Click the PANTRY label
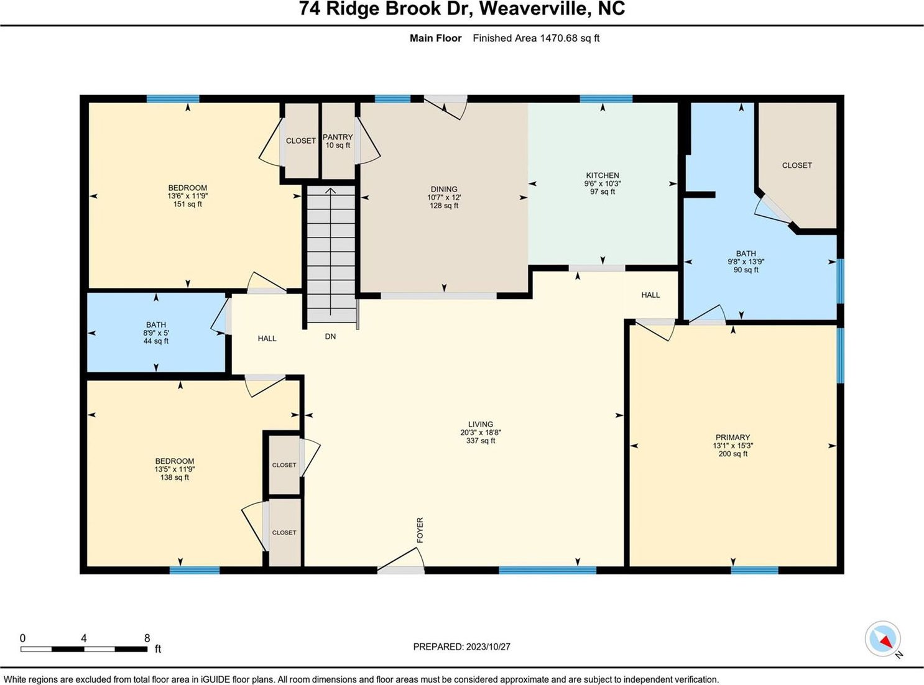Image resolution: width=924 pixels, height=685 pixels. pos(338,137)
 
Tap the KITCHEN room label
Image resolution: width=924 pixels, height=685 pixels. pos(603,175)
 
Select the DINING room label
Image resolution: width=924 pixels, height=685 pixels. pos(444,189)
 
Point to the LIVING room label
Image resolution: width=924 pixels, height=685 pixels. pos(480,425)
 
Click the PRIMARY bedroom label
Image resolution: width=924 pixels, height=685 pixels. pos(732,437)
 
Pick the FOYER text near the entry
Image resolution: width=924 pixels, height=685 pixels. pos(420,530)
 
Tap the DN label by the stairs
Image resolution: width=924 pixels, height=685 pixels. pos(330,336)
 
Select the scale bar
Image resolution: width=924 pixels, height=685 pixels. pos(84,649)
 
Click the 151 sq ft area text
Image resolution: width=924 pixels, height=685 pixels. pos(187,204)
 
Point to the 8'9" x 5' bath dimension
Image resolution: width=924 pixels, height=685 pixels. pos(156,333)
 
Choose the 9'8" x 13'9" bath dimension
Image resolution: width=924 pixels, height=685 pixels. pos(746,262)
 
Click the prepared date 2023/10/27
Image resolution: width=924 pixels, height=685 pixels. pos(488,647)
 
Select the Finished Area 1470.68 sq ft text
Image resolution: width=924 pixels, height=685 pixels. pos(536,39)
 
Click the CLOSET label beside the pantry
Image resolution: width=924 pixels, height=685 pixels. pos(300,140)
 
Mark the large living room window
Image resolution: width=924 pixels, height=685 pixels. pos(547,570)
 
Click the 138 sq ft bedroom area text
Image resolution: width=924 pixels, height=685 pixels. pos(175,477)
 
